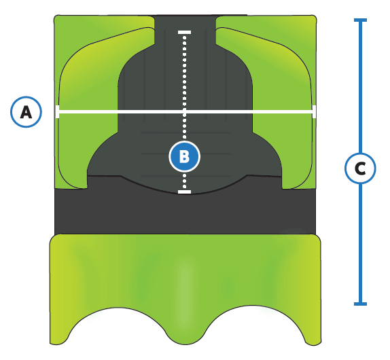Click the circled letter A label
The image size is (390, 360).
26,112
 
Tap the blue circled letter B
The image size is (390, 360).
184,157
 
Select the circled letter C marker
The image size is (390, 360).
360,168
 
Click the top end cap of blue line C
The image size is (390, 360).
360,20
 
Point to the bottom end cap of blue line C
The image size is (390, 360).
360,304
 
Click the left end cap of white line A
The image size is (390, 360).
58,111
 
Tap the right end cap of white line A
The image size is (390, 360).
314,111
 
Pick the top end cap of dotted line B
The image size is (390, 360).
184,33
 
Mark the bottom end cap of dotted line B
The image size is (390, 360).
184,192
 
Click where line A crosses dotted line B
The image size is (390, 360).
184,111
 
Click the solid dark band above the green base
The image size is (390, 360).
185,213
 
